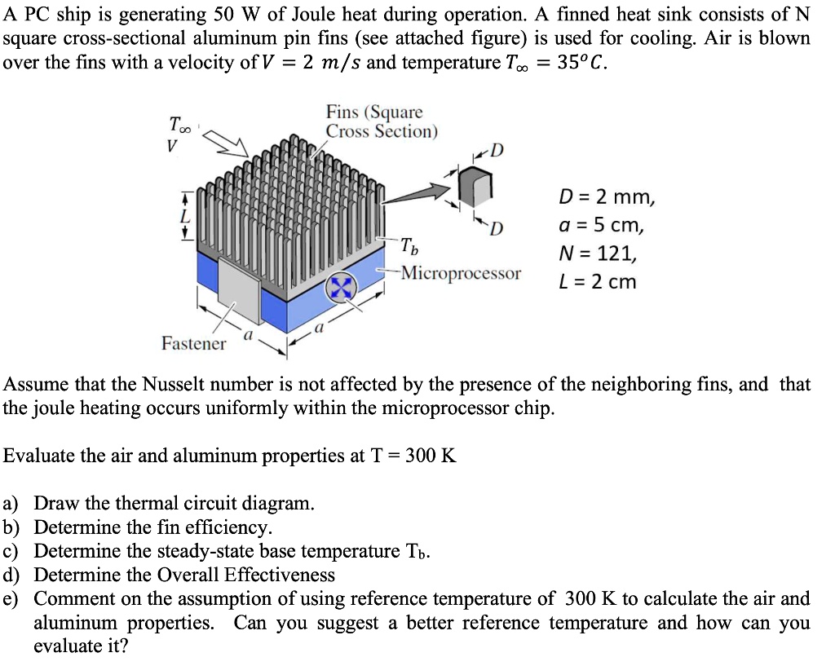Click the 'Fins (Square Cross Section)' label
click(x=381, y=121)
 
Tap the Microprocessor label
click(x=461, y=273)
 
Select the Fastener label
click(x=193, y=343)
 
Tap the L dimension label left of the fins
click(x=185, y=217)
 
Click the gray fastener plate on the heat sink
click(x=237, y=291)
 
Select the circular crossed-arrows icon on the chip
click(x=342, y=288)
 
